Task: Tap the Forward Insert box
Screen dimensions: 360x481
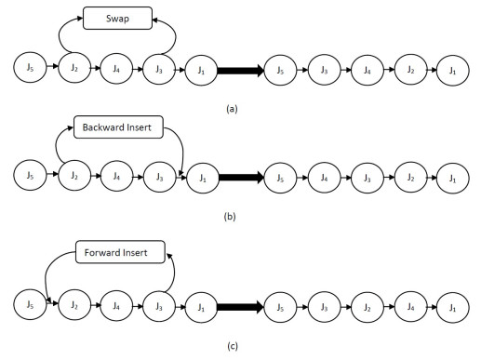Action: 119,251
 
